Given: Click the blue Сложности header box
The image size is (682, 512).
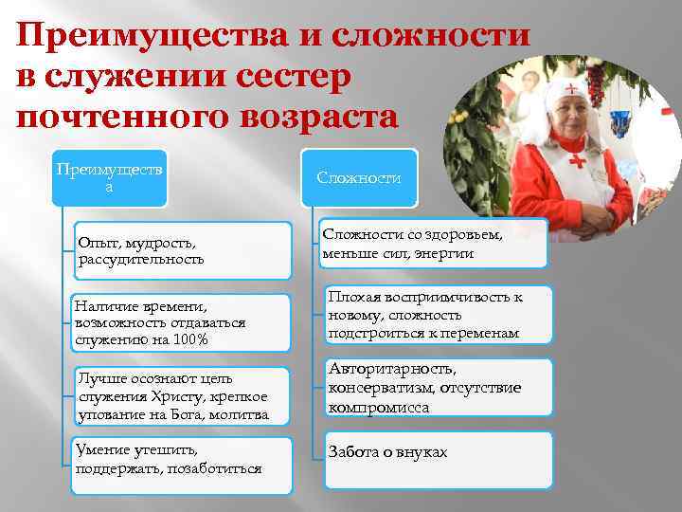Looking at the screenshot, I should [x=359, y=178].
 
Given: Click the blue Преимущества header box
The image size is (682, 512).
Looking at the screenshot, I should [x=109, y=178].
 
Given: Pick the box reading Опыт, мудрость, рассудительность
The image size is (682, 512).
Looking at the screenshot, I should [x=183, y=251].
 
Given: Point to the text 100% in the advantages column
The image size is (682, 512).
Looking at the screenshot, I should [x=189, y=339].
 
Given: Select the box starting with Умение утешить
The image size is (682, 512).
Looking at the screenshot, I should [x=183, y=459].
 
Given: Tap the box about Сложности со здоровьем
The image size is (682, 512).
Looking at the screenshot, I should [x=433, y=245].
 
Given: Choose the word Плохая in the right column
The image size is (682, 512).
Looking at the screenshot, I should [x=352, y=298].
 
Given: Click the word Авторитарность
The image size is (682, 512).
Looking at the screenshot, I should [x=392, y=369].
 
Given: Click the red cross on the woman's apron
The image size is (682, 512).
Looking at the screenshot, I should [x=575, y=158].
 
